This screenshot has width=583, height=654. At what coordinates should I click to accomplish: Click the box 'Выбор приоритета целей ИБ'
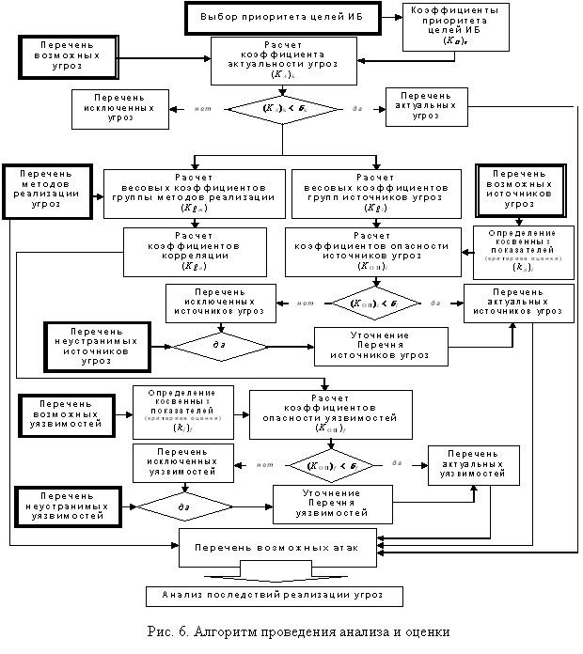282,18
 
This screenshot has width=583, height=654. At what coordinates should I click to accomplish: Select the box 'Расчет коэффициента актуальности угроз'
283,61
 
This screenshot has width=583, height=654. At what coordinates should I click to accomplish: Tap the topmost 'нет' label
203,110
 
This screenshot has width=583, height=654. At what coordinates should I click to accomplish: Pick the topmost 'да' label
357,110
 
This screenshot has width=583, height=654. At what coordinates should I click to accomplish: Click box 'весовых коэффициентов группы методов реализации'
192,195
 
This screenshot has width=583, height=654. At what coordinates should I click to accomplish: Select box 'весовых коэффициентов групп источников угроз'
375,195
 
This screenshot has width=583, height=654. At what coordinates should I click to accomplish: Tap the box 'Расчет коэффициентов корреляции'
195,252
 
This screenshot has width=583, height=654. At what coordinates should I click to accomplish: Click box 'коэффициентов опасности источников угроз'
372,252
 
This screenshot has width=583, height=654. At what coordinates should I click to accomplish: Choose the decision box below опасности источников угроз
373,304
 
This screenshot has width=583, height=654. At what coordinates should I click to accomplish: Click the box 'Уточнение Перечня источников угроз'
381,346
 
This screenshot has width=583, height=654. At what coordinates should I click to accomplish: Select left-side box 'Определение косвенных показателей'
181,410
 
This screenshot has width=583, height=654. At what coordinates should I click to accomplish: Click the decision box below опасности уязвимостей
332,465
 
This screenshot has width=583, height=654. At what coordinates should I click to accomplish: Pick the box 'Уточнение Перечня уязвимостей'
332,504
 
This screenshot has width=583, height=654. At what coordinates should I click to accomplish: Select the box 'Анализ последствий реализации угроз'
275,596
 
